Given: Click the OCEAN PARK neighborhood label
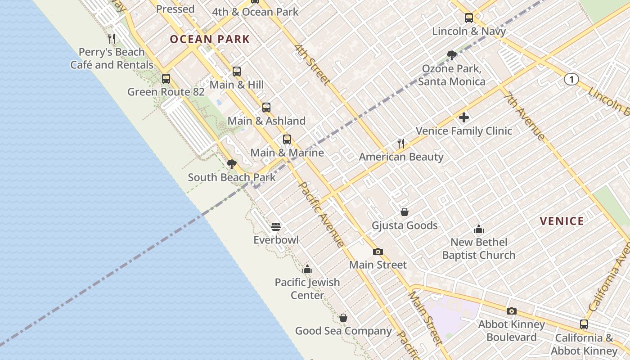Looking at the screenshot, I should [x=210, y=39].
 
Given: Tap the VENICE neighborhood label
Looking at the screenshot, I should [x=562, y=221].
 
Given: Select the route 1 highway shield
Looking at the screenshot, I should [x=571, y=80].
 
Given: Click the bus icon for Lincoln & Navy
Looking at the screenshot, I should [x=469, y=18].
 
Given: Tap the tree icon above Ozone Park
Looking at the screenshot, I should [x=452, y=55].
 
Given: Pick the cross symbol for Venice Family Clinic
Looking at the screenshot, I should [x=464, y=118].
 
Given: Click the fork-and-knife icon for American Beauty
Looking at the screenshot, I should [x=401, y=144].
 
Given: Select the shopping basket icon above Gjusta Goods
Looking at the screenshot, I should [x=405, y=212].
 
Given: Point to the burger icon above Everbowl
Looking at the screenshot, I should [x=276, y=226].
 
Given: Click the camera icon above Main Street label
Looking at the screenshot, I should [x=378, y=252].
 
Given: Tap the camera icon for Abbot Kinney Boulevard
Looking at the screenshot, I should [x=511, y=311].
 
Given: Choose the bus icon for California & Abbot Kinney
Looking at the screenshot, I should [x=584, y=324].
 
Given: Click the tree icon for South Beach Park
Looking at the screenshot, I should [x=232, y=164].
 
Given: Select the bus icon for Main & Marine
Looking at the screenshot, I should [x=287, y=139].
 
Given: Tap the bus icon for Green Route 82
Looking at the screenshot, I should [x=166, y=79].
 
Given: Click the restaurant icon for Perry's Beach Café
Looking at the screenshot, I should [x=112, y=39].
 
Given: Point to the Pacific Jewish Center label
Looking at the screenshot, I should [x=307, y=289].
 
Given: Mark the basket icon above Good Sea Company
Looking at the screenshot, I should [x=343, y=318].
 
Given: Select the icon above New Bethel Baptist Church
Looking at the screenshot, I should [x=479, y=229].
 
